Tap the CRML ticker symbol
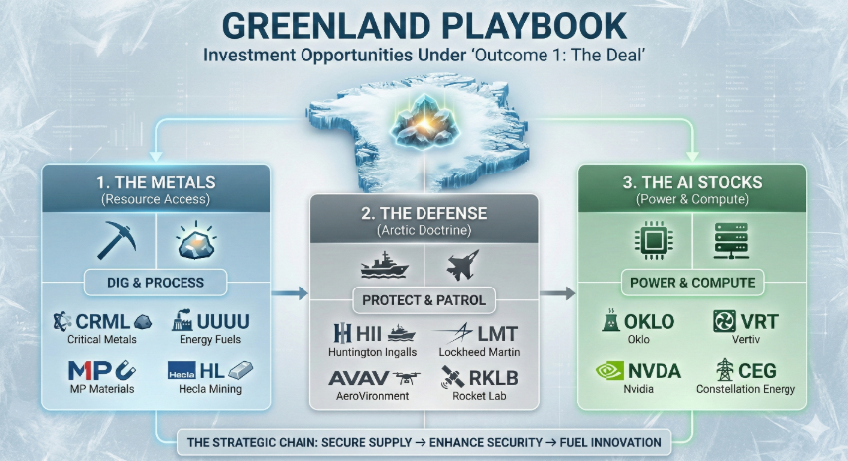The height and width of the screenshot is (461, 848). [102, 322]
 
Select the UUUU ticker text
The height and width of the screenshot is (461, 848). [223, 322]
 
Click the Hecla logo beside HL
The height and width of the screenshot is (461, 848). [182, 372]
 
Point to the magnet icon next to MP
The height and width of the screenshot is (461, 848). [126, 370]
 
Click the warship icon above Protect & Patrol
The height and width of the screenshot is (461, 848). [384, 265]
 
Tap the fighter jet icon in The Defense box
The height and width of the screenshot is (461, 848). [463, 265]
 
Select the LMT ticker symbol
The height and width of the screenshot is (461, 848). [498, 334]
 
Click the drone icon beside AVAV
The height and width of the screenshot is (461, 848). [407, 378]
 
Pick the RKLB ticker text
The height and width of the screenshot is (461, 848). [493, 378]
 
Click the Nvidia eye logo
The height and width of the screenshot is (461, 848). [610, 371]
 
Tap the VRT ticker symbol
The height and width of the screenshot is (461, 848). [760, 322]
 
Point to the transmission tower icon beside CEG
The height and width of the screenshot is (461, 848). [724, 370]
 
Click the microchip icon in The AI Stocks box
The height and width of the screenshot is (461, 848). [654, 240]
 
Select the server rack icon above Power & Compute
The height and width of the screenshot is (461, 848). [731, 241]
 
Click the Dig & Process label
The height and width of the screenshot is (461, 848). [156, 283]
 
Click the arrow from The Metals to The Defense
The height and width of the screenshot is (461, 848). [290, 293]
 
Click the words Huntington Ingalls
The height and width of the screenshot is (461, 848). [373, 352]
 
